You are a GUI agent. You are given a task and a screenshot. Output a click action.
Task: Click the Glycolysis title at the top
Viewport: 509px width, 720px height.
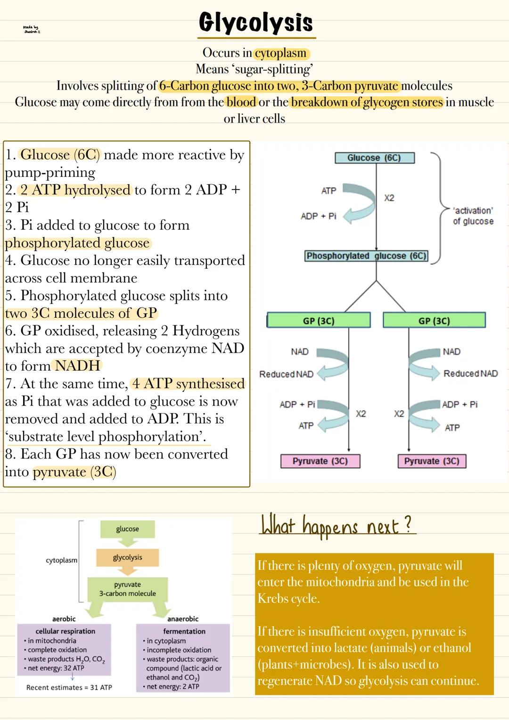pos(255,23)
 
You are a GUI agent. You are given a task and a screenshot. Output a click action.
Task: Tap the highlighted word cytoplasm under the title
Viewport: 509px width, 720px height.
pos(281,53)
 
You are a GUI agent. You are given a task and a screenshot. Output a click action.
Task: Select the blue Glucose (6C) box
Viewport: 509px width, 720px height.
pos(374,158)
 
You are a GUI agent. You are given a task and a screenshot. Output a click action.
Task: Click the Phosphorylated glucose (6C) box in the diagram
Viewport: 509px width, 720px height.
pos(366,256)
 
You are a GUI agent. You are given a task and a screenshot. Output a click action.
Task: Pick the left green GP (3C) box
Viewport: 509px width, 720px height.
pos(319,321)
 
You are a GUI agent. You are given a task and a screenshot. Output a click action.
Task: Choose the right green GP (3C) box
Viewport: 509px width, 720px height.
pos(434,321)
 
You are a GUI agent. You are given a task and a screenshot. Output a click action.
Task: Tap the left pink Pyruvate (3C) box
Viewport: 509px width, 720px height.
pos(320,461)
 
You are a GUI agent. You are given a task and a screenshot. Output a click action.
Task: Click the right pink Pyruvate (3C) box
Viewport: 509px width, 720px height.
pos(432,461)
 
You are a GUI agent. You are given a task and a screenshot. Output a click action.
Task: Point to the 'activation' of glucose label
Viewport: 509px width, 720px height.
pos(473,216)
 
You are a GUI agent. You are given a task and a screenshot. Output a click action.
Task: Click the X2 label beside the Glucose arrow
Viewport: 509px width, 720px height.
pos(389,198)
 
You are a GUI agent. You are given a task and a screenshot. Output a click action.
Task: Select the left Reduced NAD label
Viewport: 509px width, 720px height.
pos(286,374)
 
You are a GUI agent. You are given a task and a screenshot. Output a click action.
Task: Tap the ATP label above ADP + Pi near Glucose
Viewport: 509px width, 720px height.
pos(328,191)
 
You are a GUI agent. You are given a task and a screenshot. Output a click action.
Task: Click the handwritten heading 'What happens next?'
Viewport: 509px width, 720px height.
pos(337,525)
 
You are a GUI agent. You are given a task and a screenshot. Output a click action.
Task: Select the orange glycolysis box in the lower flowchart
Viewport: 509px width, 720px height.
pos(127,558)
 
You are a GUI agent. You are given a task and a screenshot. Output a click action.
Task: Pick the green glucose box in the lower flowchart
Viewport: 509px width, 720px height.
pos(127,529)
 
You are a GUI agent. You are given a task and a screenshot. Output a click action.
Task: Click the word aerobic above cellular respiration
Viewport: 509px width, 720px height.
pos(64,619)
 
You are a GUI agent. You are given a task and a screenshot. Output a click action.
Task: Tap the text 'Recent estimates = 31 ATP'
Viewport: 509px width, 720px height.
pos(69,687)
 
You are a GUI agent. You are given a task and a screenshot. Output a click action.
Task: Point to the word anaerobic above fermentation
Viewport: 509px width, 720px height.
pos(183,619)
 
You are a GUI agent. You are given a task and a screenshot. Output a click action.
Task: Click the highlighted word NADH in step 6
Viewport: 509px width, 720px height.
pos(77,366)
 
